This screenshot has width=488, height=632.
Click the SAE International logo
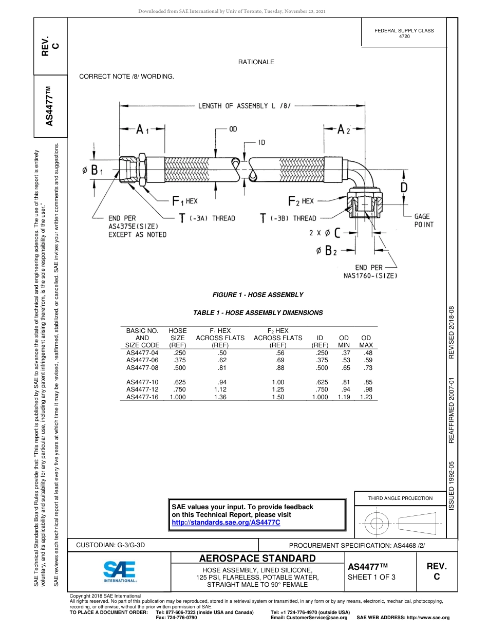click(x=119, y=571)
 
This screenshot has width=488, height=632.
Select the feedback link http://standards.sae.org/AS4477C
click(x=226, y=522)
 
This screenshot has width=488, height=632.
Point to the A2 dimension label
click(x=343, y=131)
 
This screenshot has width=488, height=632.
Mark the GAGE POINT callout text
click(x=424, y=220)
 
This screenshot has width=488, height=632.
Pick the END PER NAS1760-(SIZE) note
click(x=371, y=271)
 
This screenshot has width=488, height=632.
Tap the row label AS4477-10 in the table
click(x=142, y=382)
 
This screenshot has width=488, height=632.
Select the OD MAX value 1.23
click(x=366, y=397)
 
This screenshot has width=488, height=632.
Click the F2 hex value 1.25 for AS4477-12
click(x=277, y=389)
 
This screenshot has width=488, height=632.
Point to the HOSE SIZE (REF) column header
click(x=177, y=338)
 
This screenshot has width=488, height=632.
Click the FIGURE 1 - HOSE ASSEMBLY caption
click(x=257, y=295)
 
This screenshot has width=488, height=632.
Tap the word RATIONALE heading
click(x=256, y=62)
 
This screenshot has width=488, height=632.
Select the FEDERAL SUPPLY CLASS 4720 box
click(x=404, y=33)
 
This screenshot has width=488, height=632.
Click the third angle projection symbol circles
click(x=377, y=524)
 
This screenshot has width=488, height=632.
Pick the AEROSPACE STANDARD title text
click(x=257, y=559)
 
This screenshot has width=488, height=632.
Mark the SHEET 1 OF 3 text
click(x=371, y=577)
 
